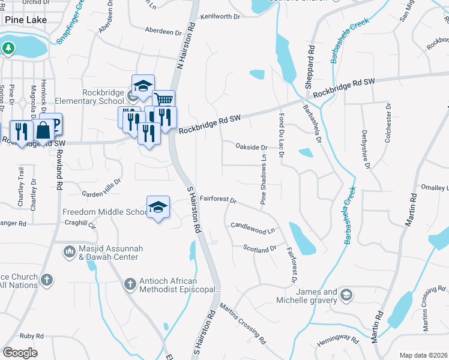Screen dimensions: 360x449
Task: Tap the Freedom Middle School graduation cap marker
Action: tap(158, 208)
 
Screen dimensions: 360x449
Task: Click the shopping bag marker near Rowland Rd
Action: tap(44, 129)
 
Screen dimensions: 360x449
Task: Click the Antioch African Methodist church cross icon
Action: tap(130, 283)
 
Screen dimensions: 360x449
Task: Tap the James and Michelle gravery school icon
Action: tap(346, 295)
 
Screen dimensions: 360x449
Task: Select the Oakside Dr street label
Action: tap(251, 147)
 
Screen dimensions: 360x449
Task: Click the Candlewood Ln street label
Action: tap(253, 227)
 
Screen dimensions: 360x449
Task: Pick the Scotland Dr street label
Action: tap(260, 248)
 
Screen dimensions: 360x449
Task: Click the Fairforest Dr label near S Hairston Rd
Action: tap(219, 199)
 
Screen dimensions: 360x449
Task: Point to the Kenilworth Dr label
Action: tap(220, 16)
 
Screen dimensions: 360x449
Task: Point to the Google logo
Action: tap(20, 353)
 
